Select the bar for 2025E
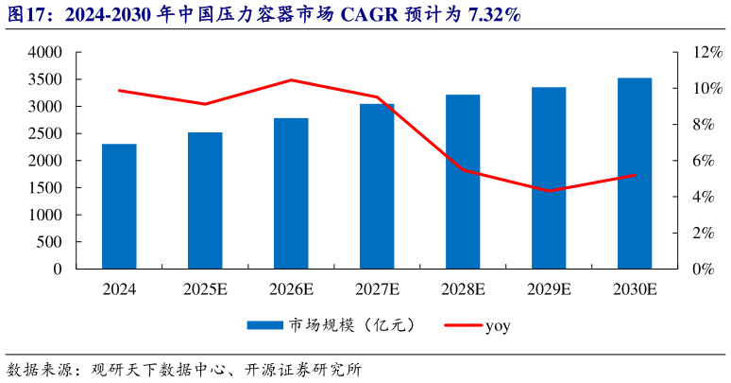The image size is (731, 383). coord(205,200)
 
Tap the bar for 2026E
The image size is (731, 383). coord(291,194)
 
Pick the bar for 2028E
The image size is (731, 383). coord(463,182)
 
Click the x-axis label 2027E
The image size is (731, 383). coord(377,287)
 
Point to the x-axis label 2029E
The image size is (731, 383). coord(549,287)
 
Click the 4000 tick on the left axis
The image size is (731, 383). coord(44,53)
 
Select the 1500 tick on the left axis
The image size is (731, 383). coord(44,188)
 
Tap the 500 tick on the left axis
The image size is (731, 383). coord(51,242)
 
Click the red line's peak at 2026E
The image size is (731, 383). coord(291,80)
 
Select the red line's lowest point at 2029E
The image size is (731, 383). coord(549,191)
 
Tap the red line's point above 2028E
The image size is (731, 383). coord(463,170)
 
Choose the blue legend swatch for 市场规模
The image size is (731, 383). coord(265,325)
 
